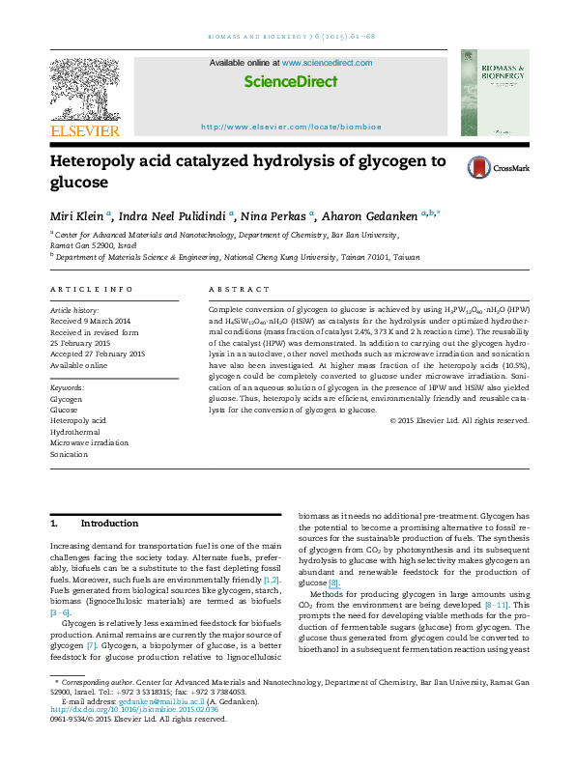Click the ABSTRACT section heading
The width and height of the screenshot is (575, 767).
click(232, 290)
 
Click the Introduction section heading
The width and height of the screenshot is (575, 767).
click(108, 523)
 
